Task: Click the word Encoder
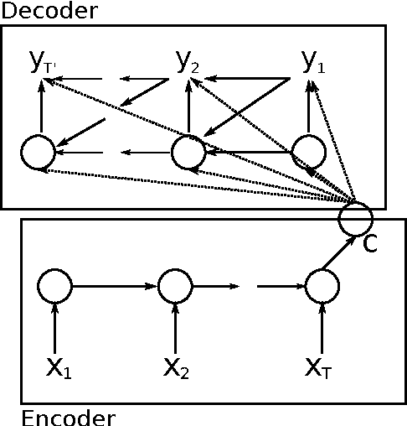tap(67, 416)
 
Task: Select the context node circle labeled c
tap(355, 218)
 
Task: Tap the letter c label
tap(369, 242)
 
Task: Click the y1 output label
tap(312, 61)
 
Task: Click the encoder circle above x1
tap(54, 286)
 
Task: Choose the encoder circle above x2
tap(176, 286)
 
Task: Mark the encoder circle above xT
tap(321, 286)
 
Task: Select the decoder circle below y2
tap(188, 152)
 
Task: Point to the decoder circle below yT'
tap(38, 152)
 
